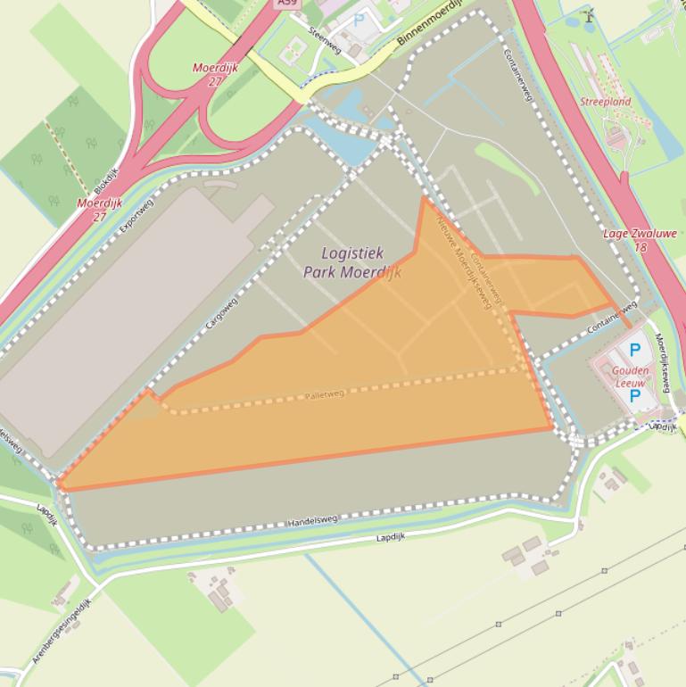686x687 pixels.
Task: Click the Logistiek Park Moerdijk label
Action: coord(351,263)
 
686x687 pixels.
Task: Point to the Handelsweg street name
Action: coord(313,519)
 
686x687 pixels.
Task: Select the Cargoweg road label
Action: coord(222,314)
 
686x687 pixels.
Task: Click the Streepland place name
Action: coord(605,102)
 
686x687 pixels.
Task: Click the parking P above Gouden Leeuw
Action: coord(635,351)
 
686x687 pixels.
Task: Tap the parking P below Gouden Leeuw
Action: coord(635,395)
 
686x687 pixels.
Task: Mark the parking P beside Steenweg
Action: coord(360,19)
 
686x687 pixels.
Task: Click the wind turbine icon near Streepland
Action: coord(588,15)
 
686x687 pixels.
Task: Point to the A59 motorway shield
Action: coord(287,4)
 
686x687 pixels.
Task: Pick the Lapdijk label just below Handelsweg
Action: coord(390,537)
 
